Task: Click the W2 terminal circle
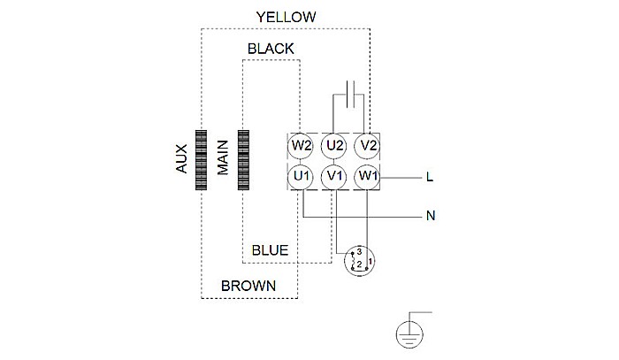[302, 145]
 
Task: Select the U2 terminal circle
[334, 145]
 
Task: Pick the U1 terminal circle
[302, 177]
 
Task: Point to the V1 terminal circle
[334, 177]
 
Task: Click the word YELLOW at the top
[286, 17]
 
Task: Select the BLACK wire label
[271, 48]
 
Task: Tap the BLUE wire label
[271, 250]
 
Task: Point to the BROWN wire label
[248, 286]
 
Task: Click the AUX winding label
[182, 160]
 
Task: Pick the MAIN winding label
[223, 160]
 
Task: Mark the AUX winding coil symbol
[201, 160]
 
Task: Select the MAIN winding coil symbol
[243, 160]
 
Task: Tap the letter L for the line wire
[429, 178]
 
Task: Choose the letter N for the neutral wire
[429, 215]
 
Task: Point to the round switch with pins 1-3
[361, 262]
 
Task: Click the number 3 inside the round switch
[360, 252]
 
